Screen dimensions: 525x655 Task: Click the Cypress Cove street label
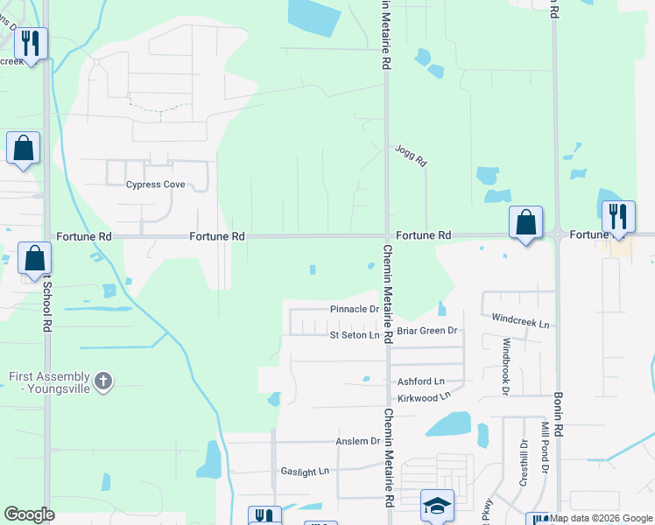coord(155,185)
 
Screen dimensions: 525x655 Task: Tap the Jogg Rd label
coord(410,156)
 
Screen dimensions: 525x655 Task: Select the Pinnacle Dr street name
coord(355,310)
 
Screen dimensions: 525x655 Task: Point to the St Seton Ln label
coord(354,335)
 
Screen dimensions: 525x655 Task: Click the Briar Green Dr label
coord(427,331)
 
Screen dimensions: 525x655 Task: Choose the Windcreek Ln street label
coord(520,321)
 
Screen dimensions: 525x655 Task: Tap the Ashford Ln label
coord(421,381)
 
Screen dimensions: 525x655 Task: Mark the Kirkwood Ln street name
coord(424,397)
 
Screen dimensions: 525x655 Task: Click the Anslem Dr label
coord(358,442)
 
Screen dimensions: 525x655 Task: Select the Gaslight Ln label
coord(305,471)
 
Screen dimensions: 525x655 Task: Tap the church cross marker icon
coord(103,381)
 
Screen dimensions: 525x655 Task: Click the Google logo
coord(29,514)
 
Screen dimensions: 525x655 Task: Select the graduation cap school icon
coord(437,505)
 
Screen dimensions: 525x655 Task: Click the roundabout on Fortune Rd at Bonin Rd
coord(558,234)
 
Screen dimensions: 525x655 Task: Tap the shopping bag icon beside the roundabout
coord(525,222)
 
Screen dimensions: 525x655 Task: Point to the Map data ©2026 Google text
coord(601,518)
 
